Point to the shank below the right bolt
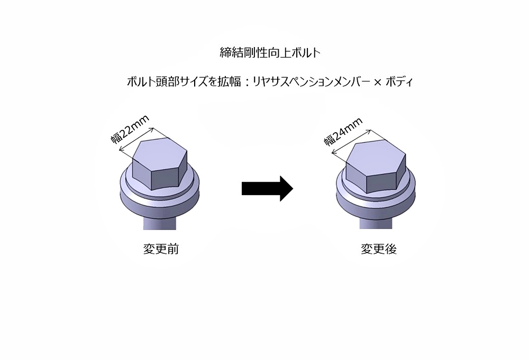(375, 221)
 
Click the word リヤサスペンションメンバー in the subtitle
(310, 82)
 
